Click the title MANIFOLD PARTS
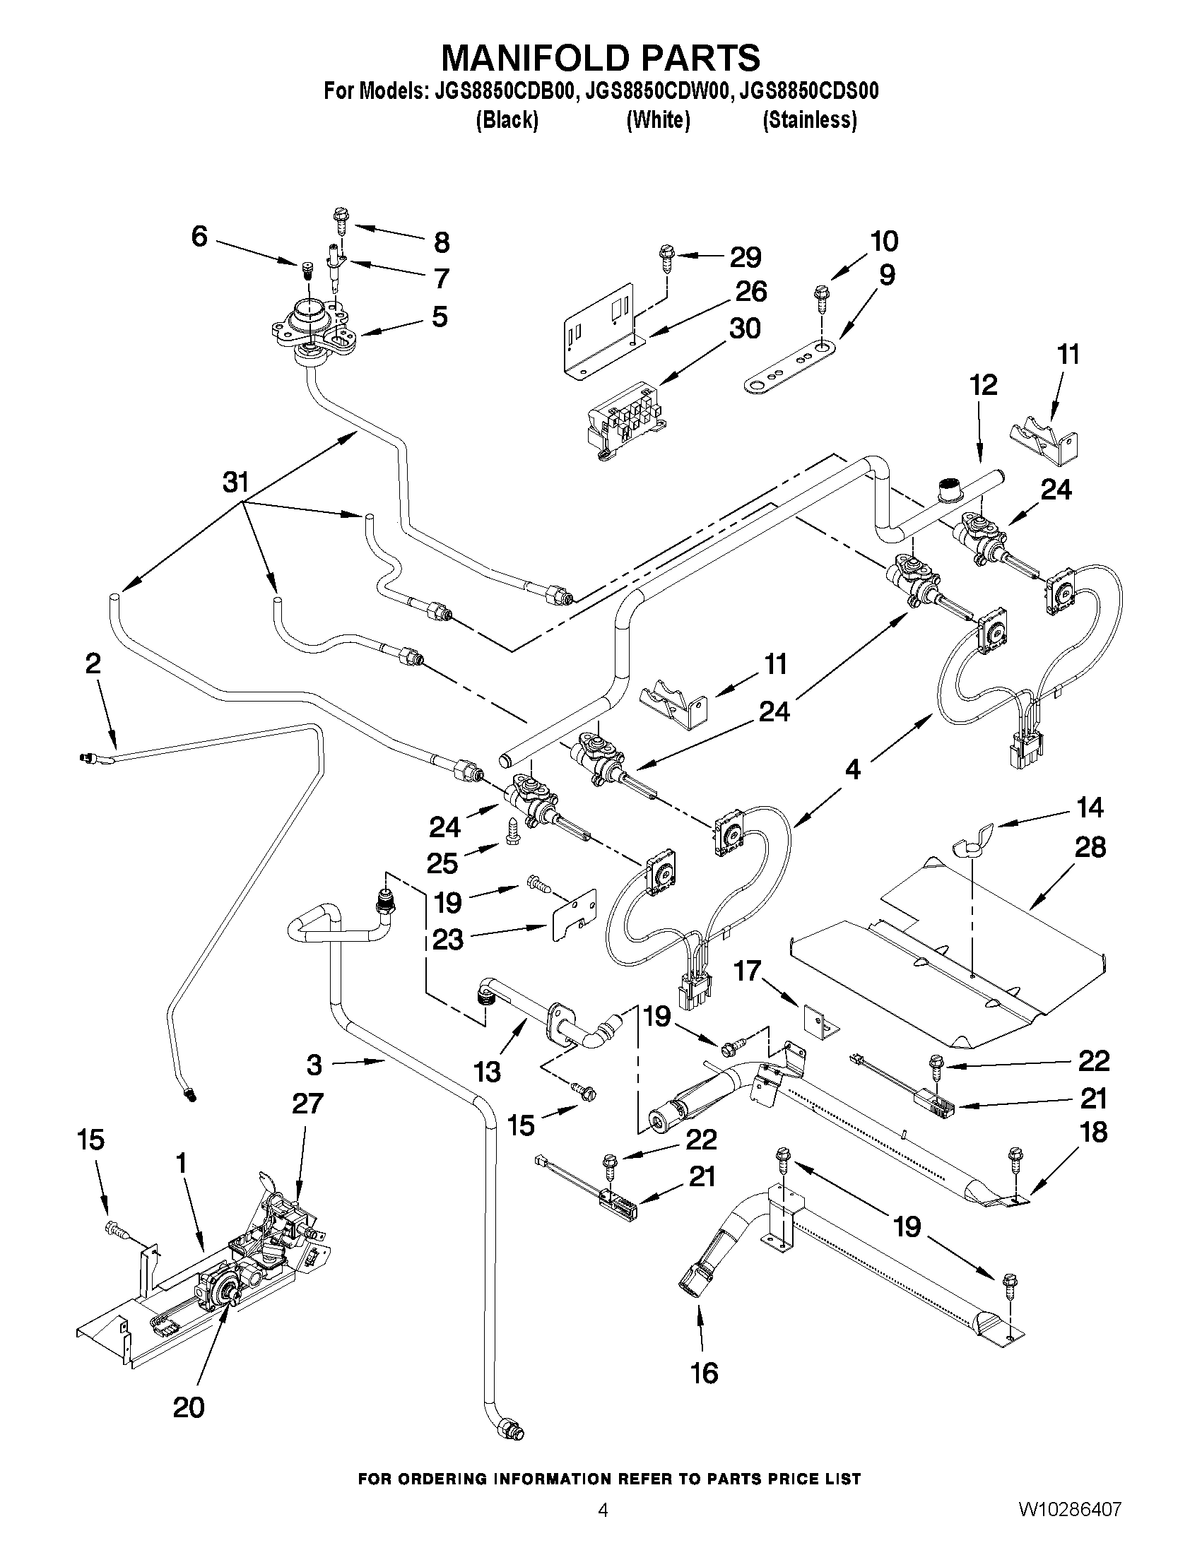(x=600, y=57)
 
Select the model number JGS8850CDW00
(x=654, y=91)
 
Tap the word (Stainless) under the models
(x=809, y=120)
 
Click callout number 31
(x=235, y=482)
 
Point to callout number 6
(x=199, y=236)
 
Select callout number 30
(x=745, y=329)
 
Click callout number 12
(x=983, y=385)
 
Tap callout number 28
(x=1090, y=846)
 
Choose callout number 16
(x=704, y=1373)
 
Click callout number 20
(x=189, y=1407)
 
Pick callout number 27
(x=307, y=1104)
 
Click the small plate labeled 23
(x=572, y=916)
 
